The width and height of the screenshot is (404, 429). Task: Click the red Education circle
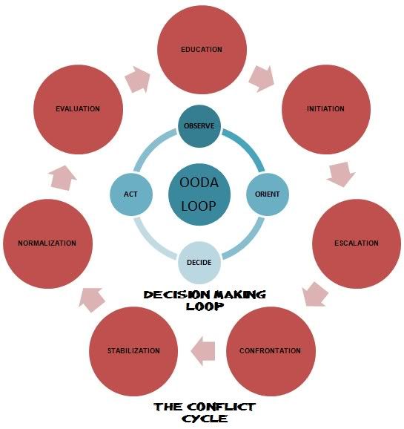tap(202, 50)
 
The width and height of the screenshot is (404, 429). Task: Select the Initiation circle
tap(326, 109)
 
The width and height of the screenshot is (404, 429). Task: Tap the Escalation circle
tap(357, 243)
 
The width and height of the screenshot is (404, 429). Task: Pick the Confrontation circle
tap(271, 351)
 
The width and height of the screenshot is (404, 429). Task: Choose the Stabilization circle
tap(133, 351)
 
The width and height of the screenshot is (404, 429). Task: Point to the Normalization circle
tap(47, 243)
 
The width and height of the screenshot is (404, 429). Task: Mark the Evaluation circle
tap(78, 109)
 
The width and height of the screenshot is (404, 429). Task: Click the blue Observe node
tap(199, 126)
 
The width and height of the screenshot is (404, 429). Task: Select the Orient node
tap(268, 194)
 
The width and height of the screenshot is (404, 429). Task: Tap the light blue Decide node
tap(199, 263)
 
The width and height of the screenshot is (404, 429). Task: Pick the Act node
tap(131, 194)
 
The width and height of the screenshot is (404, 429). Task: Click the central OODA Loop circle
tap(199, 194)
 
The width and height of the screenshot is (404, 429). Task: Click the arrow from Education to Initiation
tap(262, 79)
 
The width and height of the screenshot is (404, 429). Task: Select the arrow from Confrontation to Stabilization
tap(203, 351)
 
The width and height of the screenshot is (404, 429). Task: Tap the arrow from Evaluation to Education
tap(137, 79)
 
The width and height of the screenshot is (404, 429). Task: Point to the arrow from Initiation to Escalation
tap(341, 174)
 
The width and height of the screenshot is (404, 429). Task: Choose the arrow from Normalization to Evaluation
tap(62, 178)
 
